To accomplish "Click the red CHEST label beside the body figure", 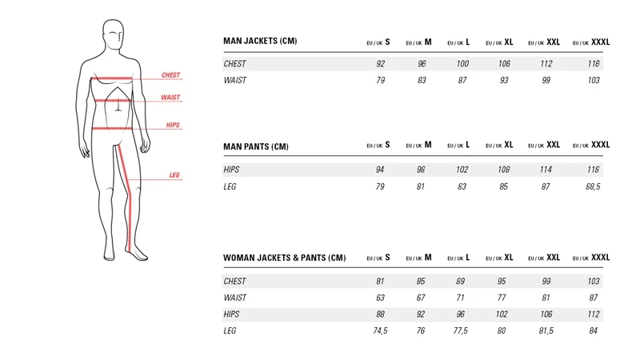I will point(170,75).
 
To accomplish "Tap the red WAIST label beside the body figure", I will point(170,97).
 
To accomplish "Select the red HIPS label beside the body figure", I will point(173,125).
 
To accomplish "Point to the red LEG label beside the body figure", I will point(174,175).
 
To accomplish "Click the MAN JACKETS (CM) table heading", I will point(259,42).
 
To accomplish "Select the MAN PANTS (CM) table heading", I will point(255,146).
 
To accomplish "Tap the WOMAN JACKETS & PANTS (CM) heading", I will point(284,258).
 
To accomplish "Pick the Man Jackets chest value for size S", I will point(380,63).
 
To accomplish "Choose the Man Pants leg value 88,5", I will point(591,186).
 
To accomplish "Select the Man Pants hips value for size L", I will point(462,170).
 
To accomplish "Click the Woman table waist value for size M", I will point(421,298).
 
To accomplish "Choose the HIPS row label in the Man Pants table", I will point(232,170).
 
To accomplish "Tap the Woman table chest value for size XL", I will point(502,282).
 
